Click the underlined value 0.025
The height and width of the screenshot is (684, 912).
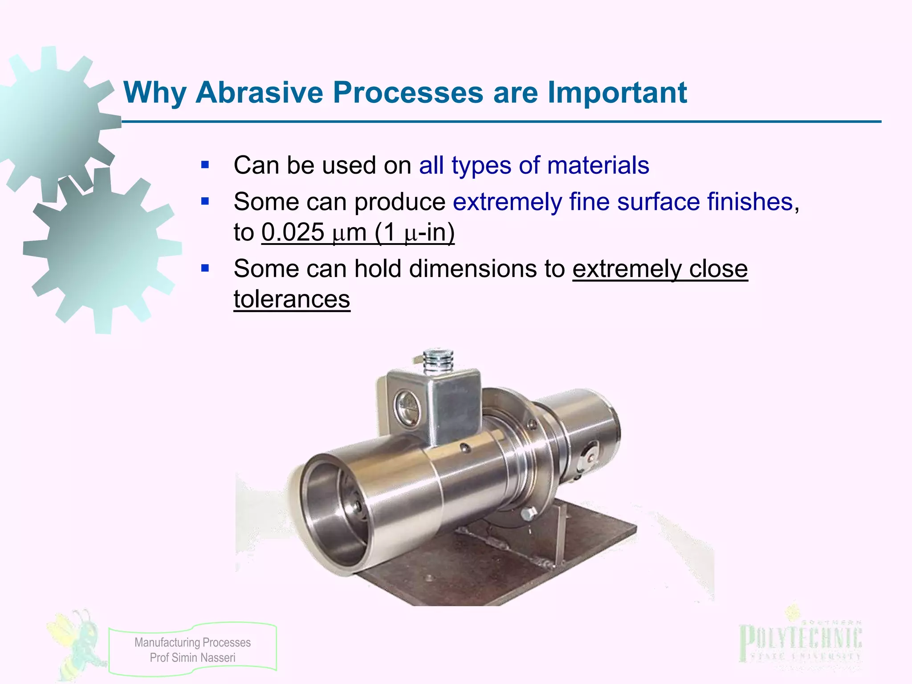coord(293,232)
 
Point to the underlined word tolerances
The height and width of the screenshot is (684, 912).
coord(292,299)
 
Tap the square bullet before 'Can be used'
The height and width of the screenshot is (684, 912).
coord(205,165)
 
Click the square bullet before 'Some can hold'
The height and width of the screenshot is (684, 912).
coord(205,269)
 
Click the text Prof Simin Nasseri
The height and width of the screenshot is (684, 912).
coord(192,658)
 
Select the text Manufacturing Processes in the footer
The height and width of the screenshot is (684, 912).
coord(192,643)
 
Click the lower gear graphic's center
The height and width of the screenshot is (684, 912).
coord(102,252)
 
